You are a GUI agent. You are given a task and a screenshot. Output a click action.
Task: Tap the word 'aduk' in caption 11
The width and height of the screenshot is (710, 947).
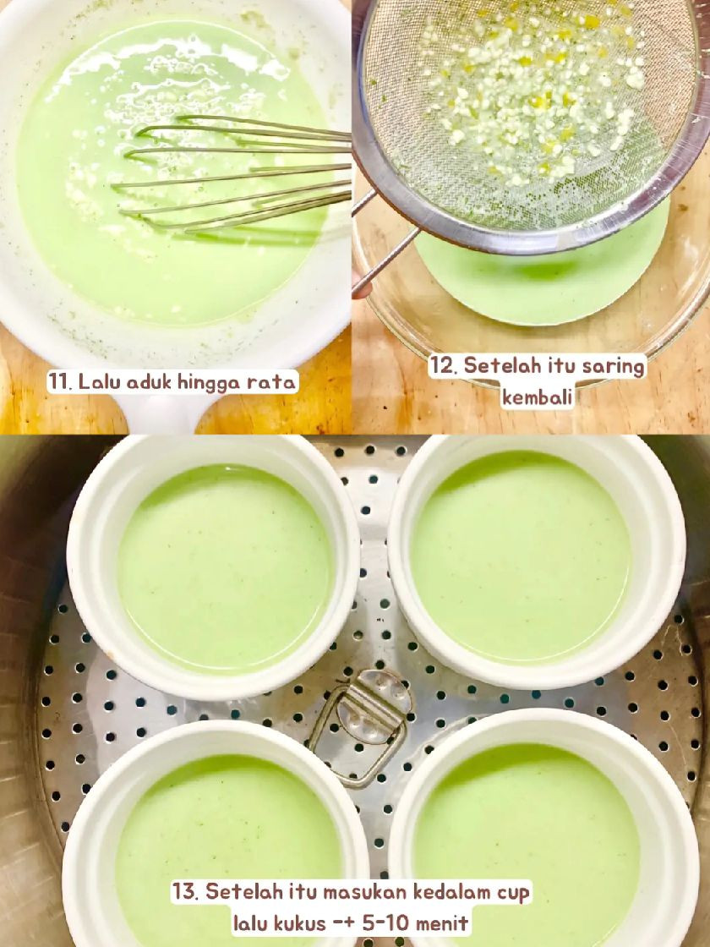click(x=130, y=383)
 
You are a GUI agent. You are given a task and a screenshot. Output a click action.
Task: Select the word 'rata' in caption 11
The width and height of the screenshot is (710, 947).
click(x=270, y=383)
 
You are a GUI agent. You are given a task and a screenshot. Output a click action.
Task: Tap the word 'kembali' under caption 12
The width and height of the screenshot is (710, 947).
click(x=538, y=397)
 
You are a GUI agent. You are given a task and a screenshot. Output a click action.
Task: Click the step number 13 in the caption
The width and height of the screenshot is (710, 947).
click(x=185, y=891)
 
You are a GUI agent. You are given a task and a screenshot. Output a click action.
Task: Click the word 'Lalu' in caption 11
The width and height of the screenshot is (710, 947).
click(x=96, y=383)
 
